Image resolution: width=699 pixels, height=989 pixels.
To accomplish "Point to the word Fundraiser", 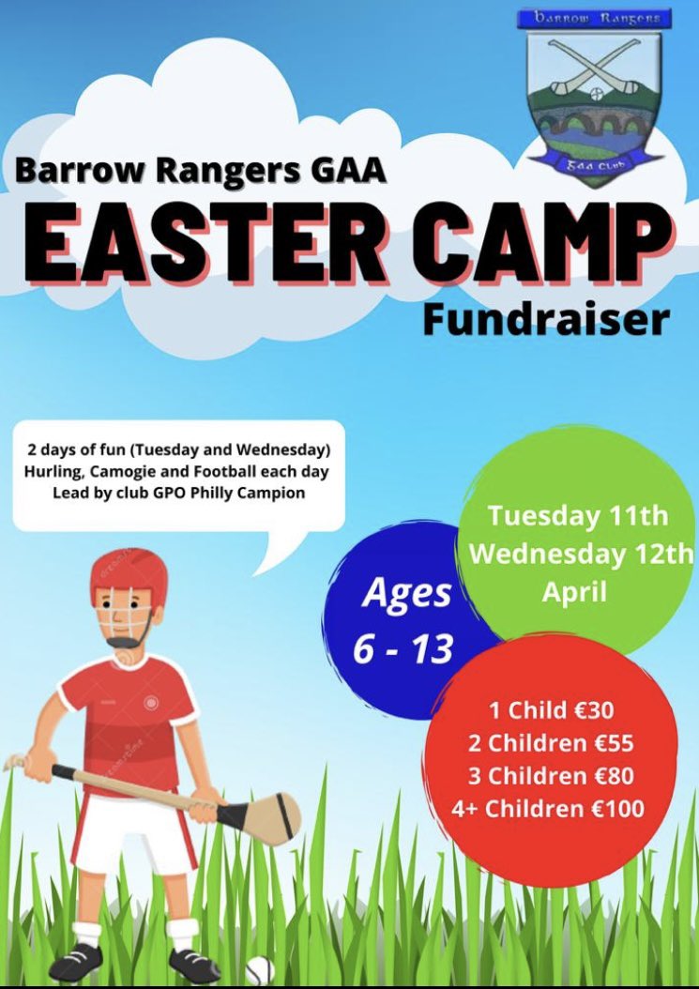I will tap(546, 319).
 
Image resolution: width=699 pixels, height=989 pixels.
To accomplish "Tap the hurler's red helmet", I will tap(129, 575).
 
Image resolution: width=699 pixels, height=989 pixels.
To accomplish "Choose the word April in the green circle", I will tap(579, 593).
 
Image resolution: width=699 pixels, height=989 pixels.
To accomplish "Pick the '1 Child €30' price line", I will tap(552, 709).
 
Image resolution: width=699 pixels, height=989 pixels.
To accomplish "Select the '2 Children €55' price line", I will tap(552, 743).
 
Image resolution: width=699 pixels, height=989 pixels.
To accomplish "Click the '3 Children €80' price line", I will tap(552, 776).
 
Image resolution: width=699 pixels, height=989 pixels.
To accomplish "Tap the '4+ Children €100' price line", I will tap(552, 808).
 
